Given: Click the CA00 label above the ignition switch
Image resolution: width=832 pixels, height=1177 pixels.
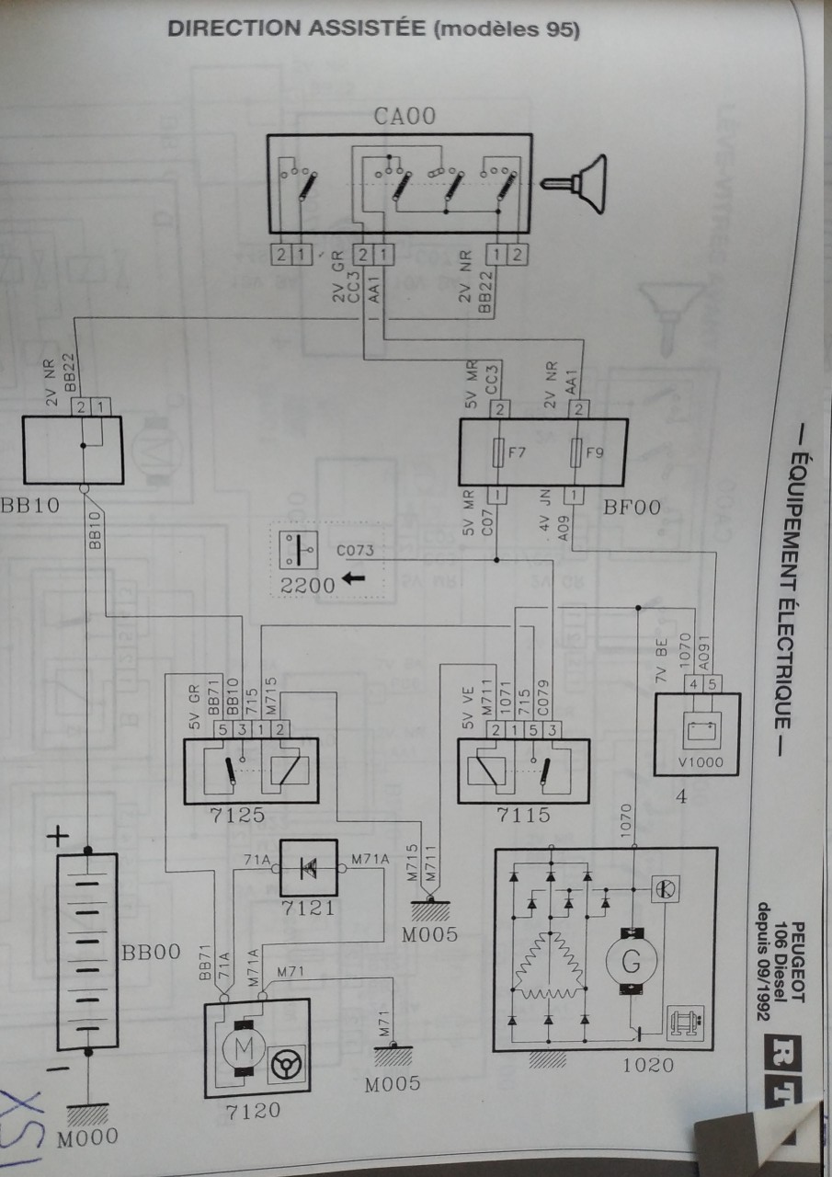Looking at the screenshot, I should (x=405, y=116).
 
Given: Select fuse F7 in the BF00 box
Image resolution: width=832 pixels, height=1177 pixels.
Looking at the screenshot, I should (x=497, y=453).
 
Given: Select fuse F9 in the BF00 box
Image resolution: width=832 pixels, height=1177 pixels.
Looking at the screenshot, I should (x=576, y=453).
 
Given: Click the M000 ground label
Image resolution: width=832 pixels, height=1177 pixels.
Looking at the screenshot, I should (x=87, y=1137).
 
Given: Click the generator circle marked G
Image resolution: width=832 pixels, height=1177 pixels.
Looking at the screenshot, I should (x=632, y=962).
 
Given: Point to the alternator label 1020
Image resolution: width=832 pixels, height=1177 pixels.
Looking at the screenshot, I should (x=648, y=1066).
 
